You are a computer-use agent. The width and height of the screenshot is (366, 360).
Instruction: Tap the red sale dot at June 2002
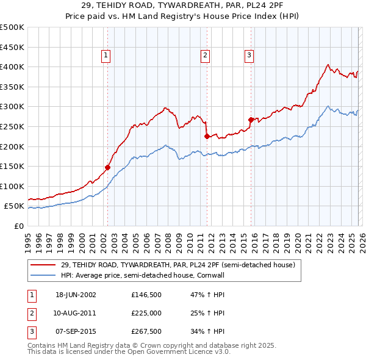(108, 167)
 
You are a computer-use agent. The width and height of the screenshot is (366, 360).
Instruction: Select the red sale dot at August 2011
(206, 136)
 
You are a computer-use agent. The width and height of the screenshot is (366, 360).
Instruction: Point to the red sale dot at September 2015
(251, 120)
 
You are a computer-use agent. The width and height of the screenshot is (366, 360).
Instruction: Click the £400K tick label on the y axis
(12, 67)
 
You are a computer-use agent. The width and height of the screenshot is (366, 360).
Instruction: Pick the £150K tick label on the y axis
(12, 166)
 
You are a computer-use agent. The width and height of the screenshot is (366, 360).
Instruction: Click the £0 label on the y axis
(18, 226)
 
